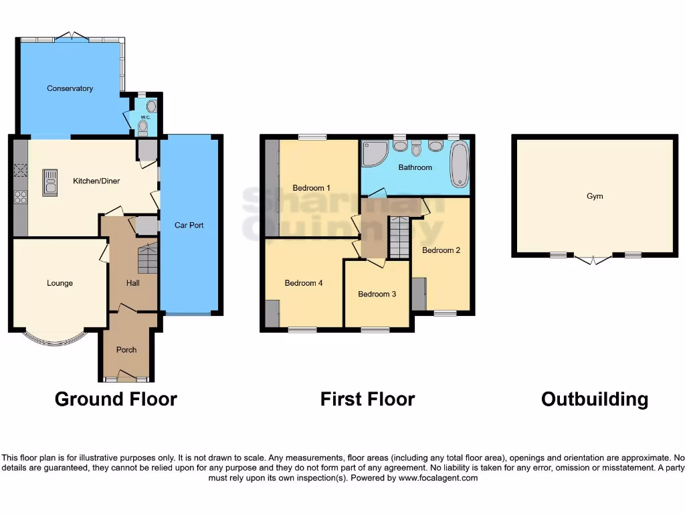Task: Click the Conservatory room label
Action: click(x=70, y=88)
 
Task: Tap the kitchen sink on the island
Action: click(x=50, y=181)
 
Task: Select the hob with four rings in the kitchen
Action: click(x=21, y=197)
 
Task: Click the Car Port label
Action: click(x=189, y=226)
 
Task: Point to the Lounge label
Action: click(x=60, y=283)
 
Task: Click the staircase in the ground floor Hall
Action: click(x=147, y=258)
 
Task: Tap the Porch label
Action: click(x=126, y=349)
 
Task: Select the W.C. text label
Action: click(x=144, y=118)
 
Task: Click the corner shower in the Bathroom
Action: click(x=373, y=154)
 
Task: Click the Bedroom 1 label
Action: click(x=311, y=188)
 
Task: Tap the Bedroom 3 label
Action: click(x=377, y=294)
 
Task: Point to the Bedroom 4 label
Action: click(x=304, y=283)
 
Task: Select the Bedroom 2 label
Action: click(x=441, y=250)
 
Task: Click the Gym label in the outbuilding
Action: click(x=595, y=196)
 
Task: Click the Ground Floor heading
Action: click(x=116, y=400)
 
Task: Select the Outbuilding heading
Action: click(x=594, y=400)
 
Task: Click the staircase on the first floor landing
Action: click(x=399, y=238)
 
